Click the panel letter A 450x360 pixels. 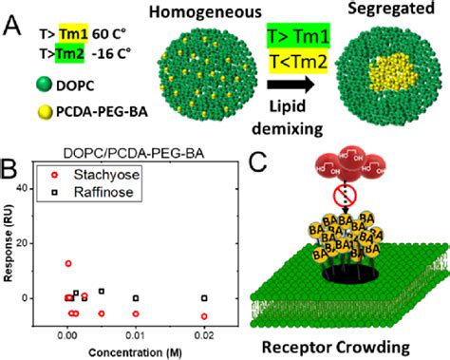(13, 17)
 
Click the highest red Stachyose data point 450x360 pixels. (68, 263)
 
